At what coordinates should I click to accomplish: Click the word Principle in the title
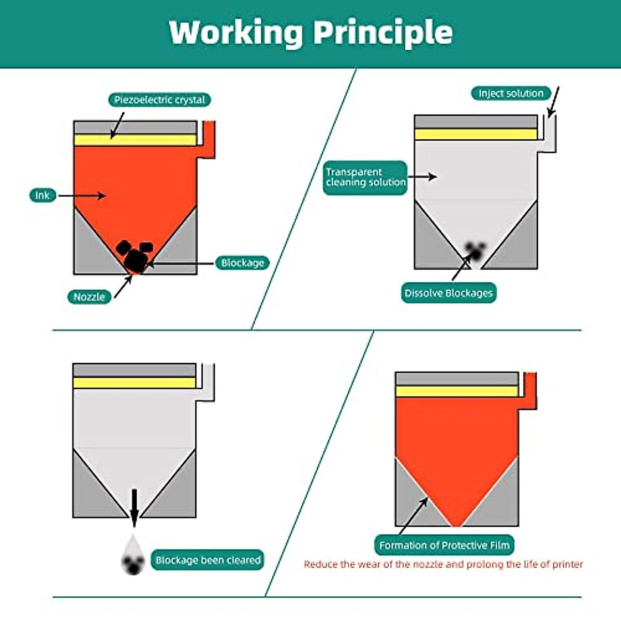tap(383, 32)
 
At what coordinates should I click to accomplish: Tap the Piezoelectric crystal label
tap(159, 100)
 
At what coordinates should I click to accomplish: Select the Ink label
tap(42, 196)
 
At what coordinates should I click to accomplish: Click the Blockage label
tap(242, 263)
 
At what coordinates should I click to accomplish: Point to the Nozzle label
tap(89, 297)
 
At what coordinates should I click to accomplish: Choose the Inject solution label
tap(510, 94)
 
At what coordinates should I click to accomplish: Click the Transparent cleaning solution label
tap(365, 178)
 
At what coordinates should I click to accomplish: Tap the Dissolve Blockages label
tap(448, 293)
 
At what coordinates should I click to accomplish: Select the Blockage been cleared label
tap(208, 560)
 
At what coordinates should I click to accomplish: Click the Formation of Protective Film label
tap(444, 545)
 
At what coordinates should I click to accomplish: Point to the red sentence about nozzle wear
tap(443, 564)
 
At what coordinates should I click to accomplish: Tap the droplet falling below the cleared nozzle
tap(133, 556)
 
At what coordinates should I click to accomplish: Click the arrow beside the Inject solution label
tap(553, 102)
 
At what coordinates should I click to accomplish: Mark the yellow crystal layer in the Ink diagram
tap(135, 140)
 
